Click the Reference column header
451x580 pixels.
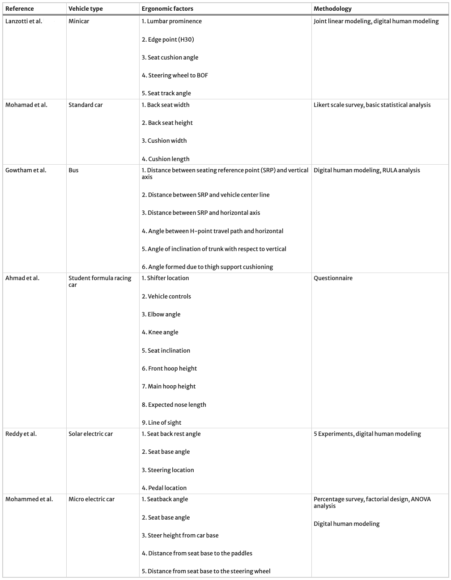[19, 9]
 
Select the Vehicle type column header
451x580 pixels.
[85, 9]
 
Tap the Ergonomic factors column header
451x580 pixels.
[167, 9]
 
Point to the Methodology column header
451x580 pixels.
[332, 9]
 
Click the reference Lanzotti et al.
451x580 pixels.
[24, 21]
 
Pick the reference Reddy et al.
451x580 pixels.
[21, 434]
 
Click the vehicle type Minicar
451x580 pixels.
[79, 21]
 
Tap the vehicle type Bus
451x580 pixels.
[73, 170]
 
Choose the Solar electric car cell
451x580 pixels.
[90, 434]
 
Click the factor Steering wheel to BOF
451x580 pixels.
[175, 75]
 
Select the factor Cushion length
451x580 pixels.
[166, 159]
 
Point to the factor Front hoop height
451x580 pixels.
[169, 368]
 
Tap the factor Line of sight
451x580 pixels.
[162, 422]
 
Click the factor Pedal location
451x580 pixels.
[164, 488]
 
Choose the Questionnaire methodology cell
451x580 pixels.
[333, 278]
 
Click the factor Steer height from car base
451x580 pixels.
[180, 535]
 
